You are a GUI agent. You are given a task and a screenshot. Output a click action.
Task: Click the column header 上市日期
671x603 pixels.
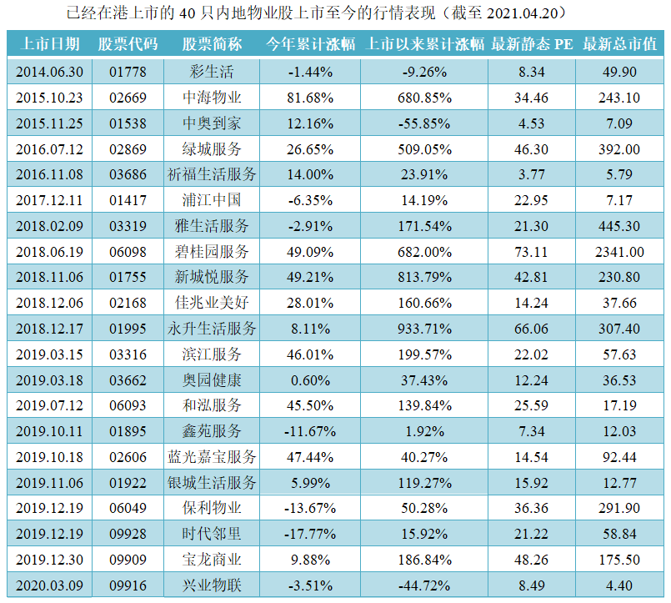pos(49,44)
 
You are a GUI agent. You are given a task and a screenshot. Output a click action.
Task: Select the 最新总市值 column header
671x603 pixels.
pos(619,44)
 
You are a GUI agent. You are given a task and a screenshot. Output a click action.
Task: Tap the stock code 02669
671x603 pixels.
pos(128,98)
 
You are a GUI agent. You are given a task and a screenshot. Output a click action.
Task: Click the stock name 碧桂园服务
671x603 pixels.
pos(212,252)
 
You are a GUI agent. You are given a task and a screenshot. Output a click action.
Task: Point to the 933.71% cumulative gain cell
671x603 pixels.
pos(425,329)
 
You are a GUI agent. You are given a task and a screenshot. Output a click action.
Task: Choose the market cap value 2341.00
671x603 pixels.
pos(619,252)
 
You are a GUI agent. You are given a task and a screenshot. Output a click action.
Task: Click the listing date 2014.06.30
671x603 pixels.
pos(49,72)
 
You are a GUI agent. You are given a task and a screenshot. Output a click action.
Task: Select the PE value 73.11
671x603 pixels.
pos(531,252)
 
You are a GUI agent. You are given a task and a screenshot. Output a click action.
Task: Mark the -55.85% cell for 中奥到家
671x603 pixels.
pos(425,123)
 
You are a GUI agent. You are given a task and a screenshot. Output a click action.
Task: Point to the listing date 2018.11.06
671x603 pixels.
pos(49,277)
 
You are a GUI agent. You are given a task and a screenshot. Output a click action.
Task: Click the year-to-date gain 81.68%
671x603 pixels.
pos(311,98)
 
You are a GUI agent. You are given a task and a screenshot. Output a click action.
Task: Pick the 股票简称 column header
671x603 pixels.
pos(212,44)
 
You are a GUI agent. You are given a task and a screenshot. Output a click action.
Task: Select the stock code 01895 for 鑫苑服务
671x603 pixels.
pos(128,431)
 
